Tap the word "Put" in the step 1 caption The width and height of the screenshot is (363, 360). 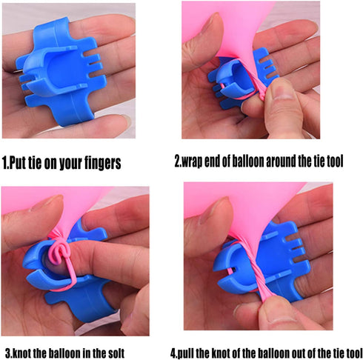pos(18,163)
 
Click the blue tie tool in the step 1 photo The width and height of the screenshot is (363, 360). pos(61,72)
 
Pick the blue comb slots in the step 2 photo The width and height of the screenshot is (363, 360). pos(268,65)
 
